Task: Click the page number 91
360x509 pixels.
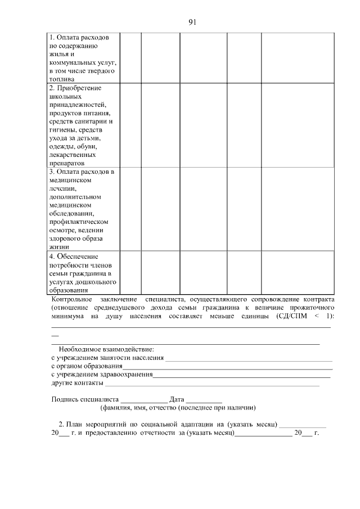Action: (x=192, y=22)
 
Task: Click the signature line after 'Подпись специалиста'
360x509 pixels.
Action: (x=144, y=399)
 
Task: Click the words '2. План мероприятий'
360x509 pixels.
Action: (x=90, y=424)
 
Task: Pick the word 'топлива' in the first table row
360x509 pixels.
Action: (x=61, y=80)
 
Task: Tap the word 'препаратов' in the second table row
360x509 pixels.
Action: (x=66, y=163)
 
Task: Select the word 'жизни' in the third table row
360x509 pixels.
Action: (x=58, y=246)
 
